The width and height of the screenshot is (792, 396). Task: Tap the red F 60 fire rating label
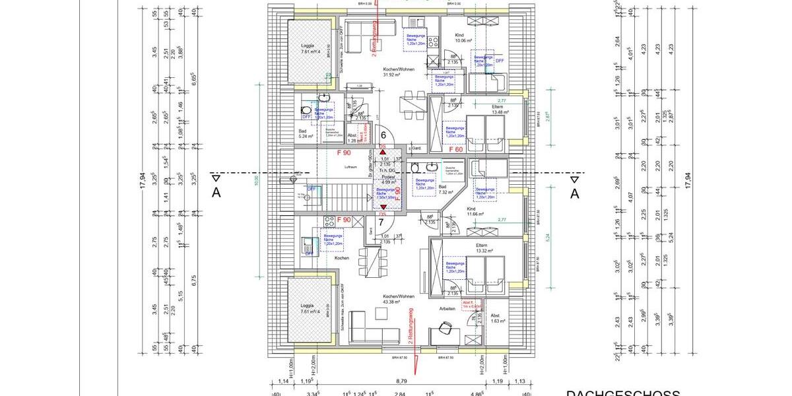click(455, 150)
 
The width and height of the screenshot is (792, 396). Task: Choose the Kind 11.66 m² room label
click(475, 211)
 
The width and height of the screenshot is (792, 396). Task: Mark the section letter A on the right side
click(574, 193)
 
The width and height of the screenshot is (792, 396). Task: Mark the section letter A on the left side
click(216, 193)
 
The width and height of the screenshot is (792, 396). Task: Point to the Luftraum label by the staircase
click(349, 168)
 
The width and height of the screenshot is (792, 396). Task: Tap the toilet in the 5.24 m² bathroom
click(306, 112)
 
